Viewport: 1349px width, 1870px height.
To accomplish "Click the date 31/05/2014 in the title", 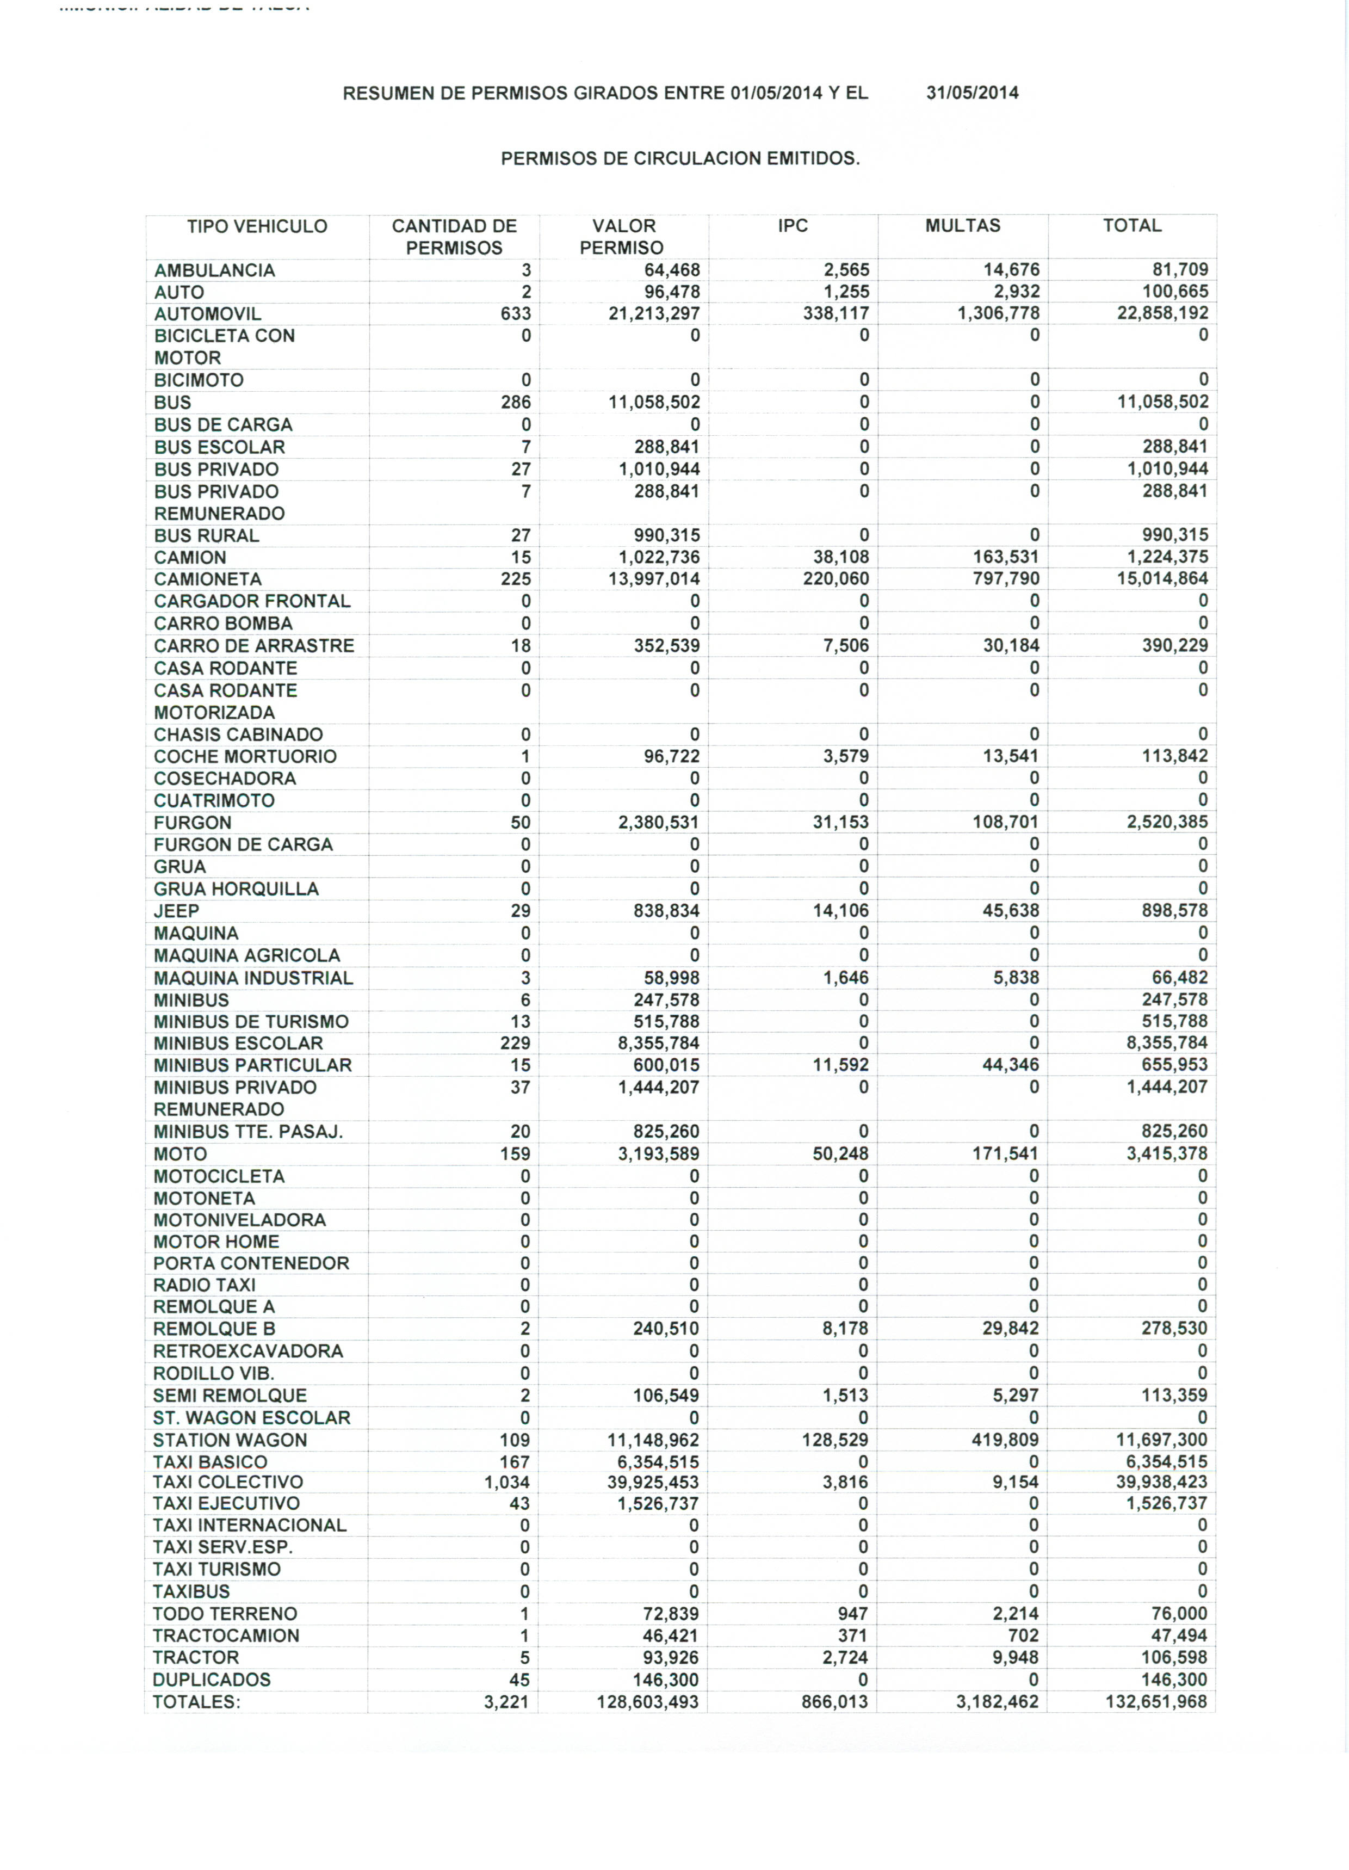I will [x=971, y=93].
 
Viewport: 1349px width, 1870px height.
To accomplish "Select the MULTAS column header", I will [x=962, y=226].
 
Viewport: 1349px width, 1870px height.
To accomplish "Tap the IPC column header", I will [x=793, y=226].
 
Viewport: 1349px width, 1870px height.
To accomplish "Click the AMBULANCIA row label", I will [x=214, y=270].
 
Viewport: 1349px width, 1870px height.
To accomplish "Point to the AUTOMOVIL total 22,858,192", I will [x=1162, y=313].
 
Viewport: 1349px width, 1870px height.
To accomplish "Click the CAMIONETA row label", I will [x=208, y=579].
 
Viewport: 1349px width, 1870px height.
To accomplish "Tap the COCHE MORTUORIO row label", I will [x=245, y=757].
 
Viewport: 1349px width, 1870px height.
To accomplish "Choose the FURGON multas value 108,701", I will [x=1005, y=822].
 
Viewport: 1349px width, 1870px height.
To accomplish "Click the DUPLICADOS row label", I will [x=212, y=1680].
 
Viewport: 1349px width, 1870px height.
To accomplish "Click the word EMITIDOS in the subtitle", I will [x=813, y=159].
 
